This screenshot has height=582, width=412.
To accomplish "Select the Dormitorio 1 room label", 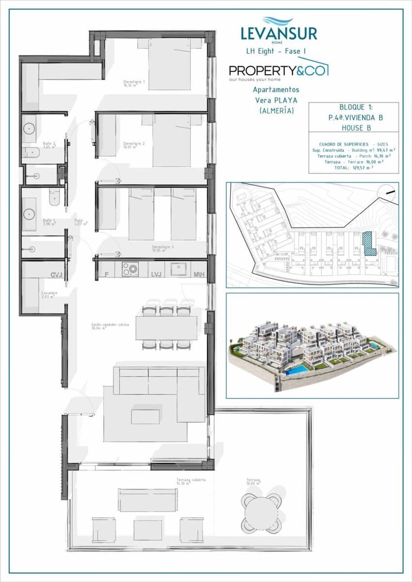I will [x=134, y=83].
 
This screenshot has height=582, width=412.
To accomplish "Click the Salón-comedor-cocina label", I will [x=110, y=326].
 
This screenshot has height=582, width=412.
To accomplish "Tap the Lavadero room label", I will [x=49, y=294].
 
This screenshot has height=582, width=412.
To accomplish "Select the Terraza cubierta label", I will [x=191, y=481].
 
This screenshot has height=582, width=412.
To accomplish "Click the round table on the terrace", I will [x=262, y=513].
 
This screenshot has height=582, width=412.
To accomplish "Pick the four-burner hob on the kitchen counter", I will [x=130, y=269].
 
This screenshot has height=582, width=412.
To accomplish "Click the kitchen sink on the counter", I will [x=178, y=269].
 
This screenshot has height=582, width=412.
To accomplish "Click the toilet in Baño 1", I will [x=54, y=197].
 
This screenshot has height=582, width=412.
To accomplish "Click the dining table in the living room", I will [x=166, y=328].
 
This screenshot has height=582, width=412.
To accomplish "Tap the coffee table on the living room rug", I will [x=145, y=417].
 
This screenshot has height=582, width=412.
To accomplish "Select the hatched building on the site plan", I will [x=369, y=243].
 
